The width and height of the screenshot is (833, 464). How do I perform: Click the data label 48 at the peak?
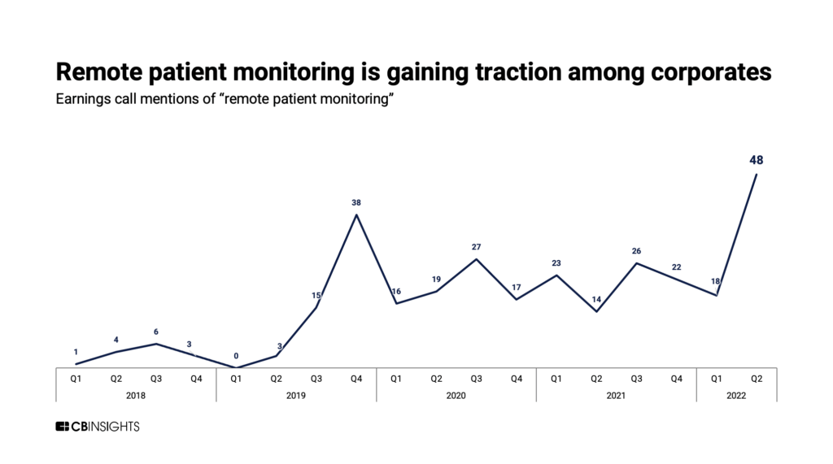coord(756,160)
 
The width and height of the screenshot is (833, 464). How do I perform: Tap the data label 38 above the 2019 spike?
coord(356,202)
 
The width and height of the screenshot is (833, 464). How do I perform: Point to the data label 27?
coord(476,247)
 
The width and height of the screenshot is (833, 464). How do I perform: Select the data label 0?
coord(236,356)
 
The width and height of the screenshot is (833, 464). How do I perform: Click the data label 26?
coord(636,250)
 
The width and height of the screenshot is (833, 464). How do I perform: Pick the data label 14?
coord(596,299)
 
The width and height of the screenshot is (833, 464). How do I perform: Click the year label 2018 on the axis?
coord(136,396)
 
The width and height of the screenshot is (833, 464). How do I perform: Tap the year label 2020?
coord(456,396)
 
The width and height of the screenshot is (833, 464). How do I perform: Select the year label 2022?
coord(736,396)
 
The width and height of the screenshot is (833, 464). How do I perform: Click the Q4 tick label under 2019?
coord(356,379)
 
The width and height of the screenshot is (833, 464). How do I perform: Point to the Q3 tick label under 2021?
coord(636,379)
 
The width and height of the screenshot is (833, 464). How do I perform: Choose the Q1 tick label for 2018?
coord(76,379)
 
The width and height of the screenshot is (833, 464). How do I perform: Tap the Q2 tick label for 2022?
coord(757,379)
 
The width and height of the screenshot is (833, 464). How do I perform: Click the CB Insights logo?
coord(98,427)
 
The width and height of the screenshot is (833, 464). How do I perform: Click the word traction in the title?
coord(518,72)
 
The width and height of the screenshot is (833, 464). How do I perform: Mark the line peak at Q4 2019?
coord(356,215)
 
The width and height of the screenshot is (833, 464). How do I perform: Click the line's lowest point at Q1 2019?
coord(236,367)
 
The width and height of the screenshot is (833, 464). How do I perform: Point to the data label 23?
coord(556,262)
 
